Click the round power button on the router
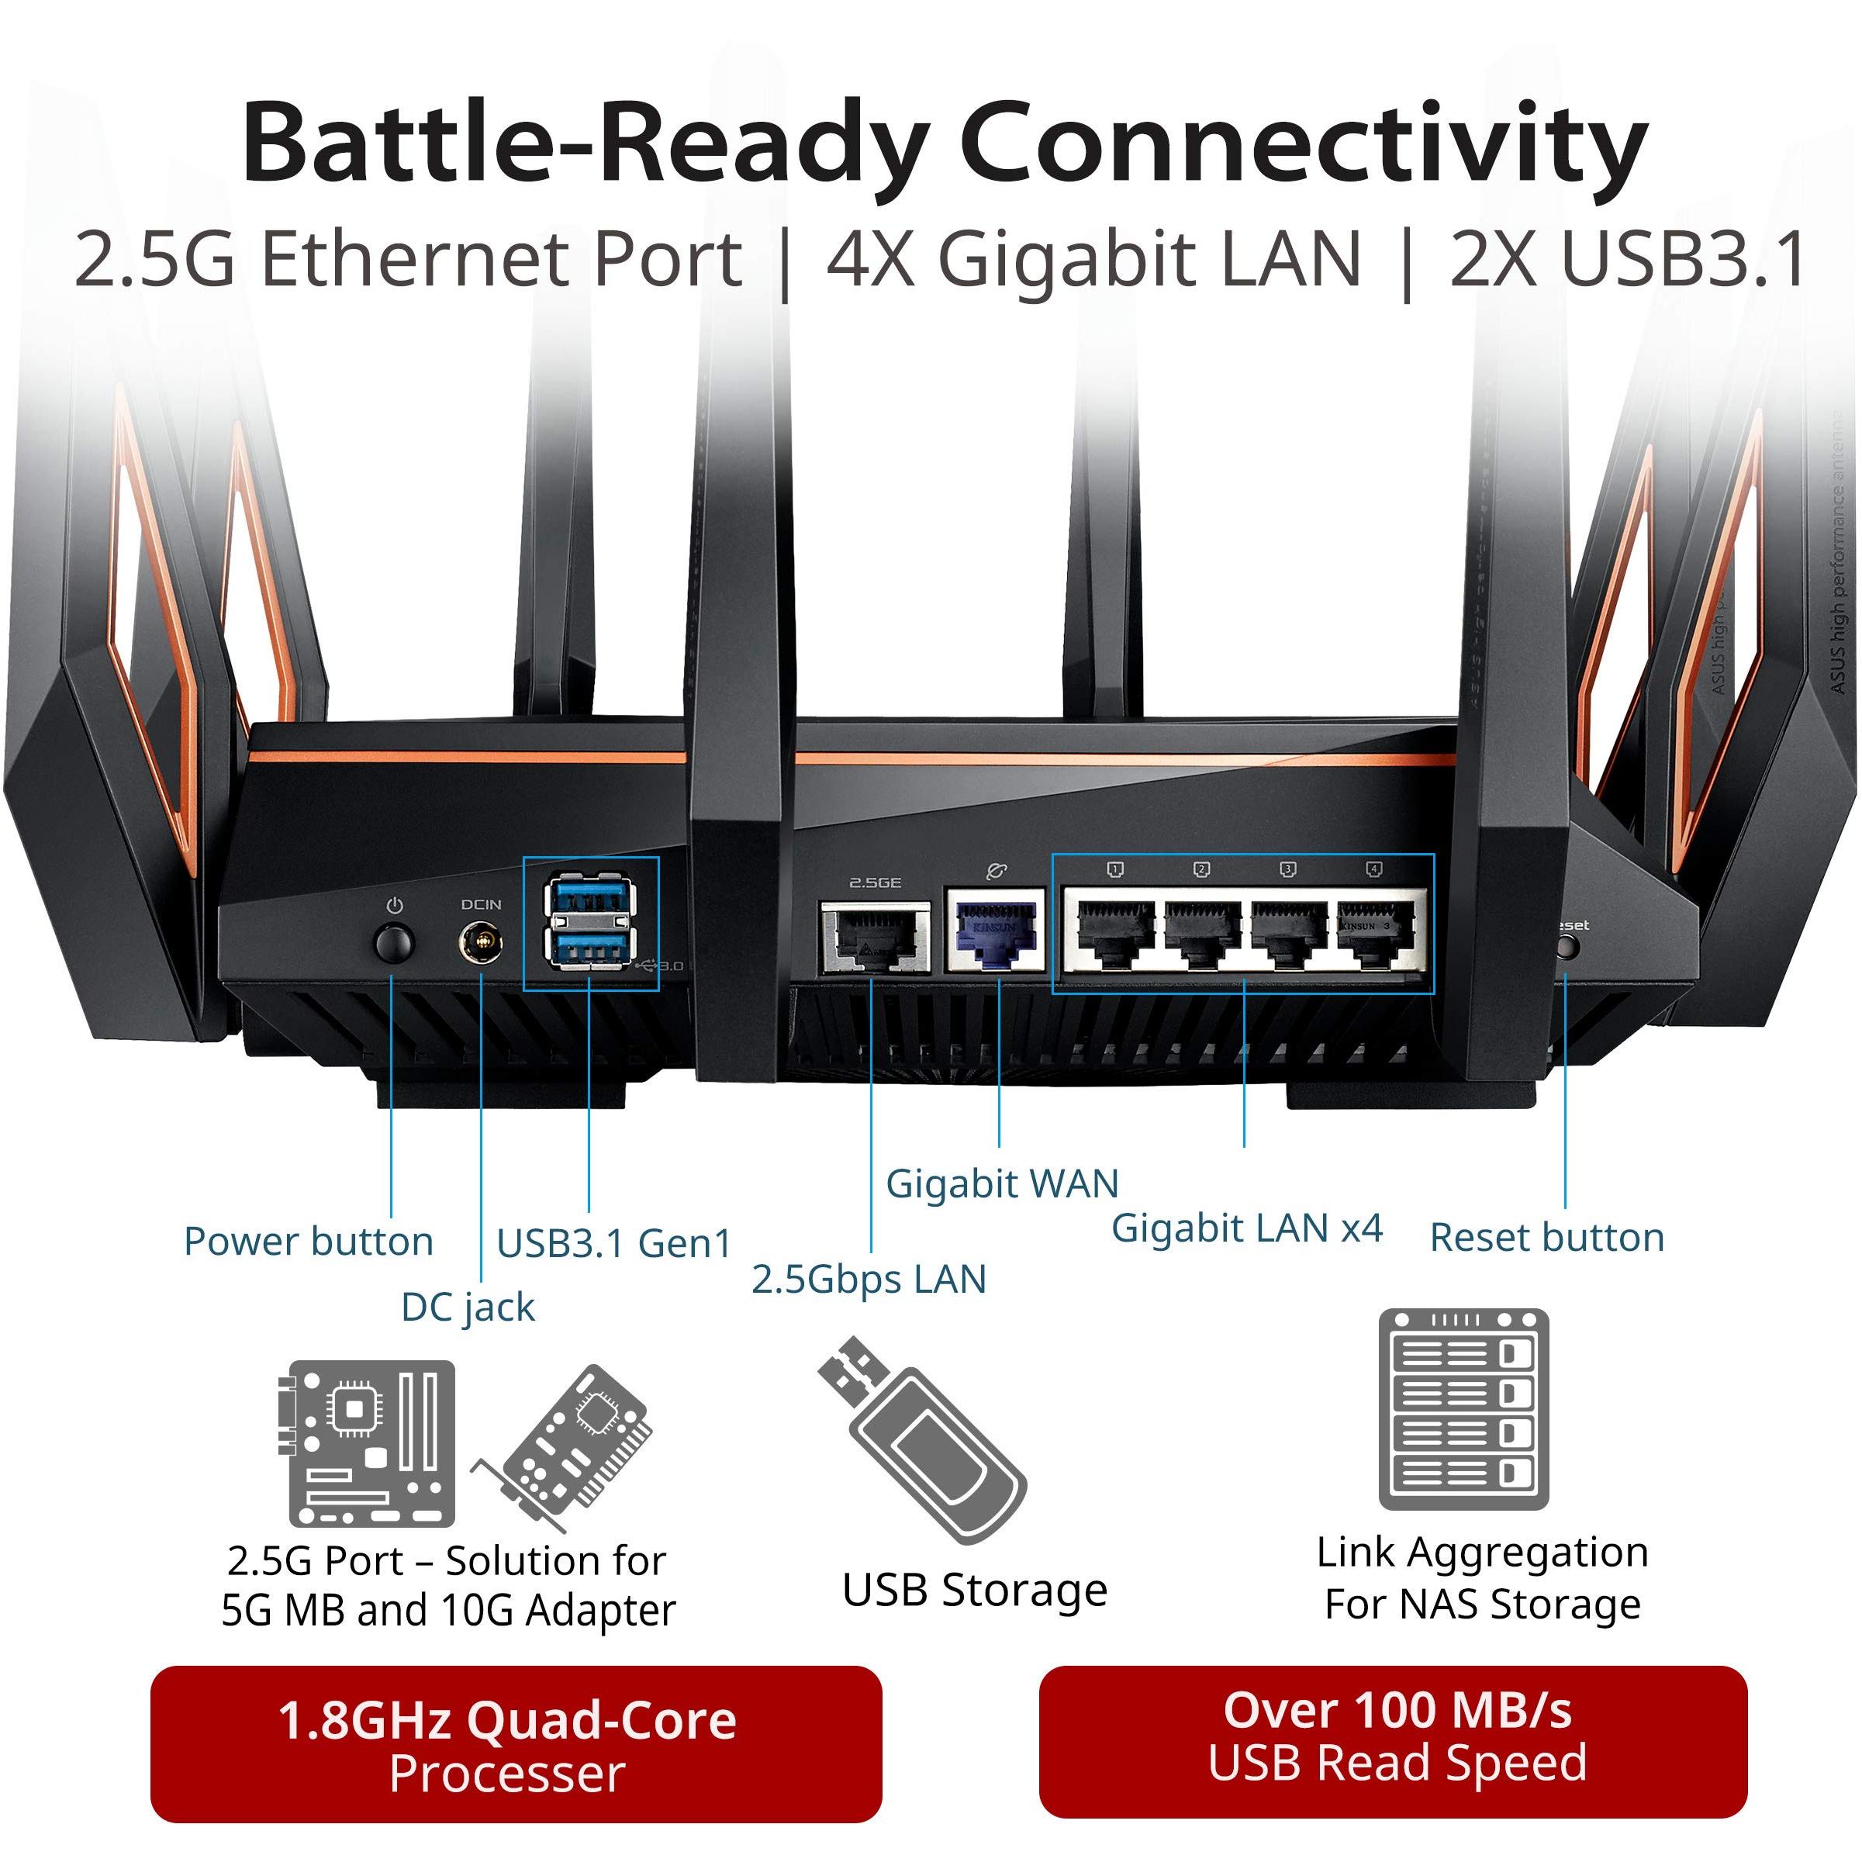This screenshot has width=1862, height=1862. coord(392,942)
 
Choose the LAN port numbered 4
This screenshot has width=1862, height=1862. coord(1374,934)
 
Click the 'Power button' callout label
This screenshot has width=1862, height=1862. coord(309,1242)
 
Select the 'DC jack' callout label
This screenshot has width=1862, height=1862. coord(468,1308)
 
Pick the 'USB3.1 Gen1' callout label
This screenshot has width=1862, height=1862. coord(614,1243)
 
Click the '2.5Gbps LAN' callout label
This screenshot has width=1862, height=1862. coord(869,1279)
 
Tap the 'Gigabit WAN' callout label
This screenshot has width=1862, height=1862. coord(1002,1183)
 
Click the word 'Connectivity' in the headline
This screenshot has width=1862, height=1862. coord(1303,144)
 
